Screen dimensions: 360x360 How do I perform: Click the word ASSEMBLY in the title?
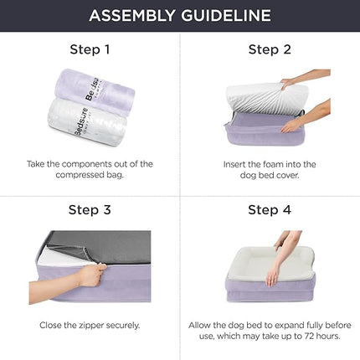(135, 16)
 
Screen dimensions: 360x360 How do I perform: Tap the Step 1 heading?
(90, 49)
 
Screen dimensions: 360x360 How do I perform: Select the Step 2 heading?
(270, 49)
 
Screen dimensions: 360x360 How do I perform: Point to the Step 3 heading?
(90, 209)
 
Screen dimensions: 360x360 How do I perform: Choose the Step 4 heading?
(270, 209)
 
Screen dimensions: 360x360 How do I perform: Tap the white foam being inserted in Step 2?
(264, 98)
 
